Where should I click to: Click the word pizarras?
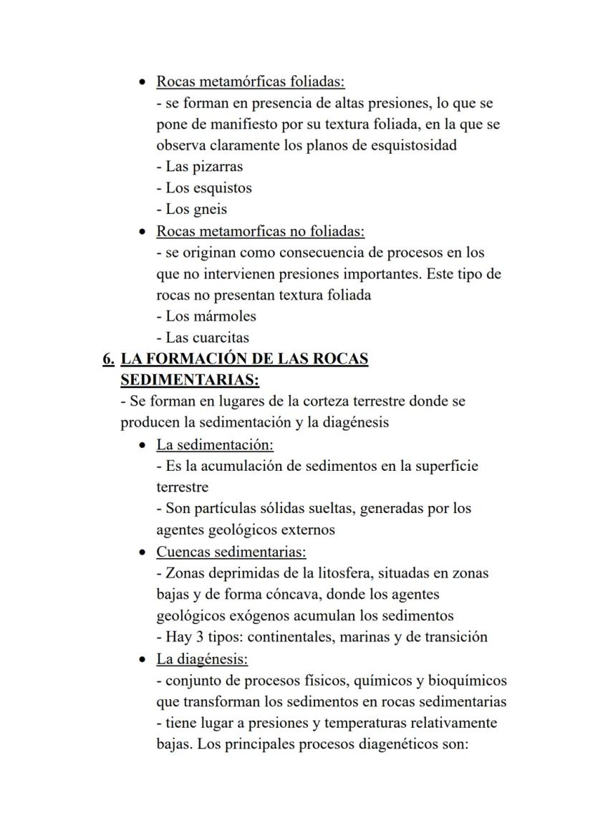(214, 167)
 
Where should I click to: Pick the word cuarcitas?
(221, 337)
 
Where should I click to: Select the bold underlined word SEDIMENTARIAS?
(190, 379)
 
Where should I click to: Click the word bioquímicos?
(466, 680)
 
